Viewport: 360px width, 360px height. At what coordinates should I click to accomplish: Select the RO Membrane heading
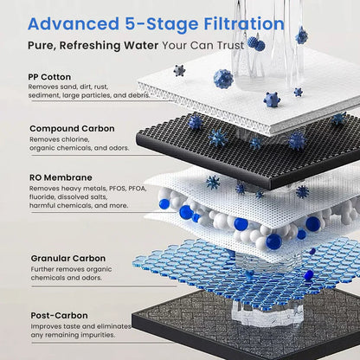61,177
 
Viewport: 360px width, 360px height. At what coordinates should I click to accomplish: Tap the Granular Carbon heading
70,258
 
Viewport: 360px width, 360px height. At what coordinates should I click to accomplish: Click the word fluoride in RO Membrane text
44,196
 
